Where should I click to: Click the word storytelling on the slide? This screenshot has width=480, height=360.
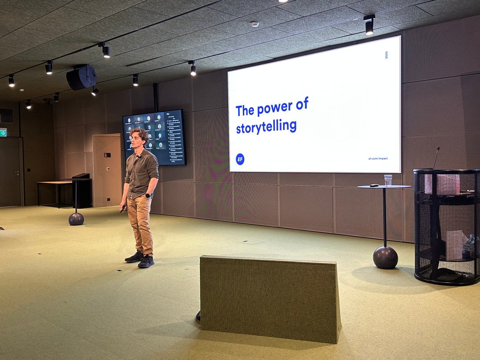click(266, 126)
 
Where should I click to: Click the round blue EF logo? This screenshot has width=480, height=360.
click(240, 159)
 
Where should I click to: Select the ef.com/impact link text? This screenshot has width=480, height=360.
click(378, 158)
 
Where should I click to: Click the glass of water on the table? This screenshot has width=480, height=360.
click(388, 180)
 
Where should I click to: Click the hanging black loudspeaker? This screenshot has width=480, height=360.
click(82, 77)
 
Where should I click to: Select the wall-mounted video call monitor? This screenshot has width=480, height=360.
click(154, 137)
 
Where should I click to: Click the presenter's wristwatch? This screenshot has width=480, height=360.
click(148, 196)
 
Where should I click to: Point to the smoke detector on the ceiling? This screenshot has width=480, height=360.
click(255, 24)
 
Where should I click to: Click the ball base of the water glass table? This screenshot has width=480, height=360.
click(385, 257)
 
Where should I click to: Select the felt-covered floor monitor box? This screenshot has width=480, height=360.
click(270, 298)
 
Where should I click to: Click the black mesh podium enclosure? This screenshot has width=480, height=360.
click(446, 226)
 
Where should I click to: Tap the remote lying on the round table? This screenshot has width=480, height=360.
click(374, 185)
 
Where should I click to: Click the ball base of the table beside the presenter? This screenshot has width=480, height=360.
click(76, 219)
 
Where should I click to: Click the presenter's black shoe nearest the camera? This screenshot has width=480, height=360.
click(146, 262)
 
